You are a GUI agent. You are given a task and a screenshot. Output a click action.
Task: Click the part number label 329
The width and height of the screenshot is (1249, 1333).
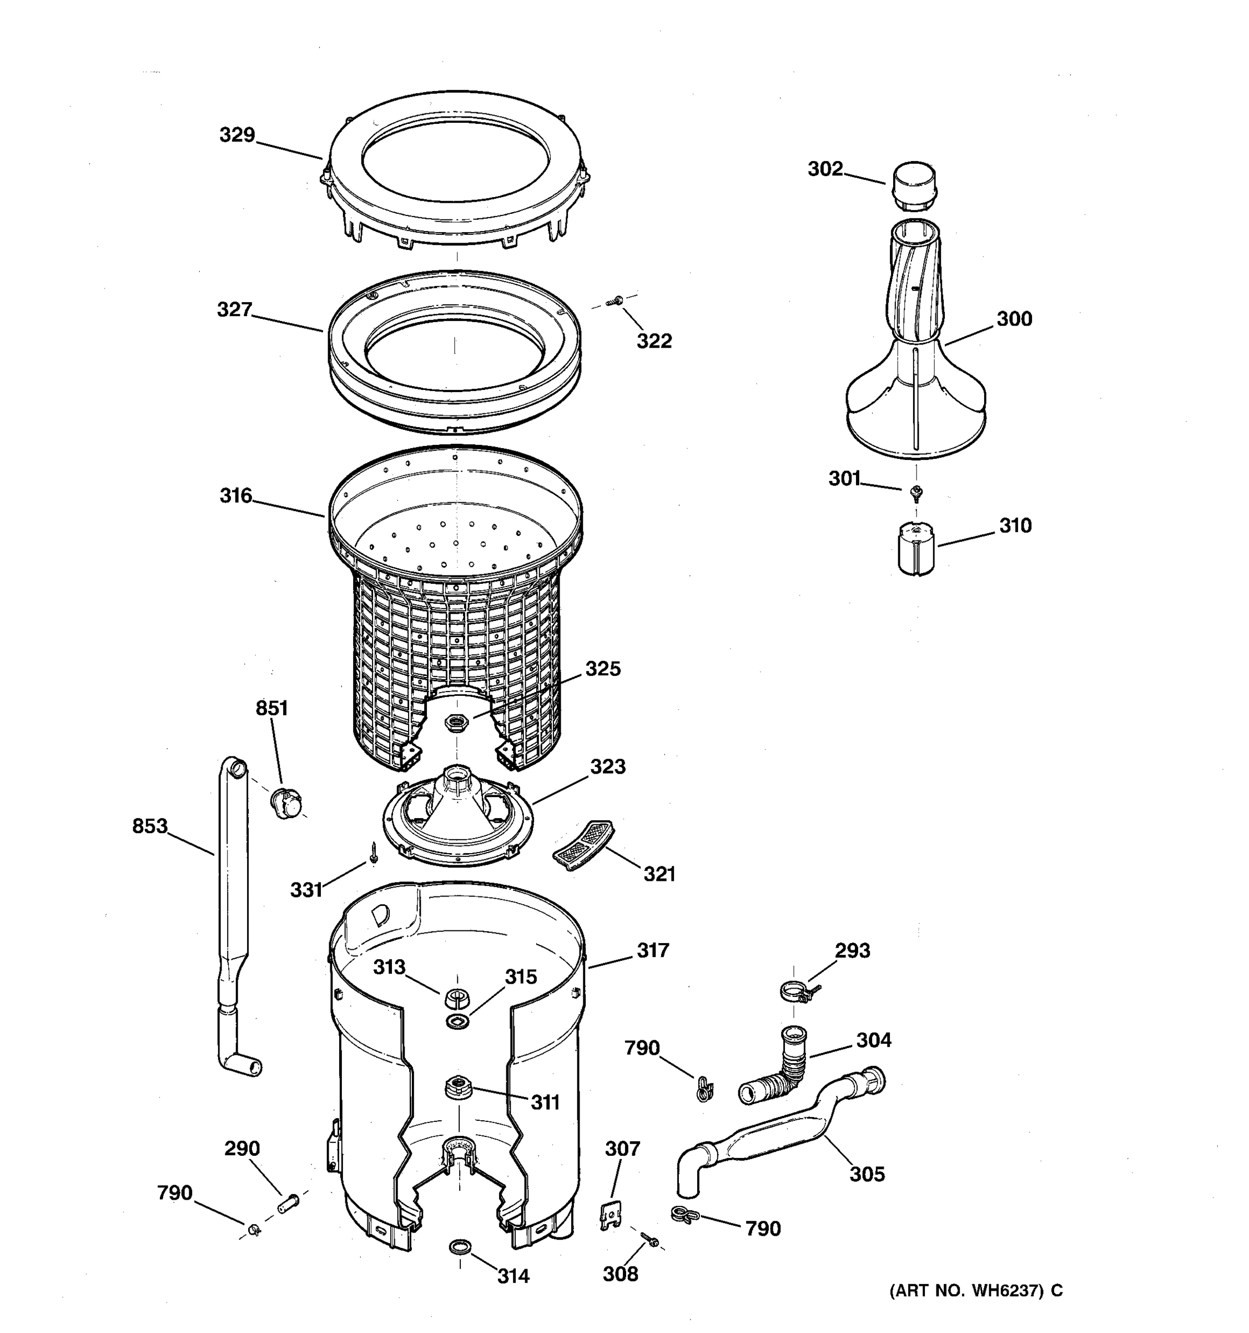(x=237, y=136)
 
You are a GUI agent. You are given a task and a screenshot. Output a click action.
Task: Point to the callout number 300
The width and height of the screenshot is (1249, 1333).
(x=1014, y=319)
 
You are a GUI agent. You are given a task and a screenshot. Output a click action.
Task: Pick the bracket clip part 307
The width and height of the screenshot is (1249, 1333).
(x=611, y=1215)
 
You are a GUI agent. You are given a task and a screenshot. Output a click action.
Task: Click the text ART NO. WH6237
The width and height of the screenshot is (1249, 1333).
(x=968, y=1291)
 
